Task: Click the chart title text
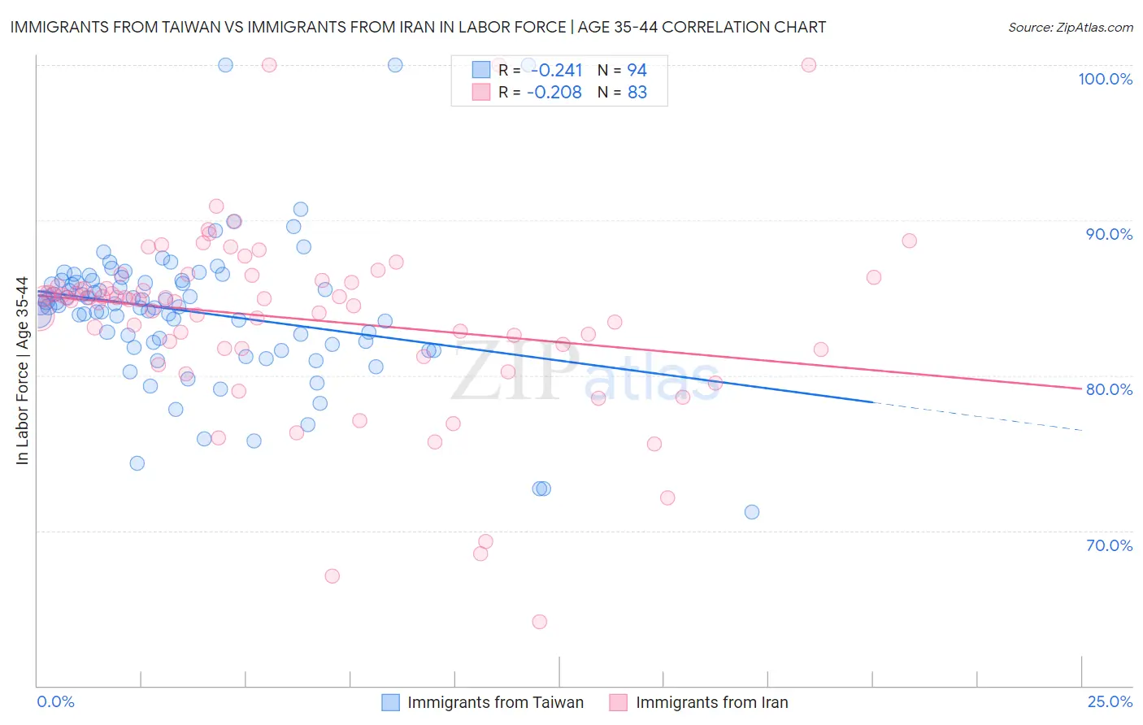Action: [418, 27]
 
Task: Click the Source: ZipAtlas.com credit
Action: [1070, 27]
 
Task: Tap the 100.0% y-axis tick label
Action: [1105, 79]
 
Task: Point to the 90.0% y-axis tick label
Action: [1109, 234]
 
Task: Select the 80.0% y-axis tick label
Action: [1109, 389]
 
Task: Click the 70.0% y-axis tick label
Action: [1109, 545]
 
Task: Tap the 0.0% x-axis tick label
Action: [55, 701]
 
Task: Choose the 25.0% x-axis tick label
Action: [1110, 701]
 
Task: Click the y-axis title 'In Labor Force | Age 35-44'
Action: [22, 371]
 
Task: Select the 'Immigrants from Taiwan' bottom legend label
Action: [495, 702]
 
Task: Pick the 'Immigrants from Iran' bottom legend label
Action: [711, 702]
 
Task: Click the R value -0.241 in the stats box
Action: [555, 71]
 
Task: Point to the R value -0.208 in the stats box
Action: [554, 93]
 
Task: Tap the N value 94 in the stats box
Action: [637, 71]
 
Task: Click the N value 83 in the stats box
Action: [637, 93]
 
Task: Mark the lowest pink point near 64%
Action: [540, 622]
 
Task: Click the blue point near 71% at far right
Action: [752, 512]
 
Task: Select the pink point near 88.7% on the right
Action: [910, 241]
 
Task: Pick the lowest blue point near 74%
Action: [137, 463]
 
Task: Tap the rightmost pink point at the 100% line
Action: [809, 65]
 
